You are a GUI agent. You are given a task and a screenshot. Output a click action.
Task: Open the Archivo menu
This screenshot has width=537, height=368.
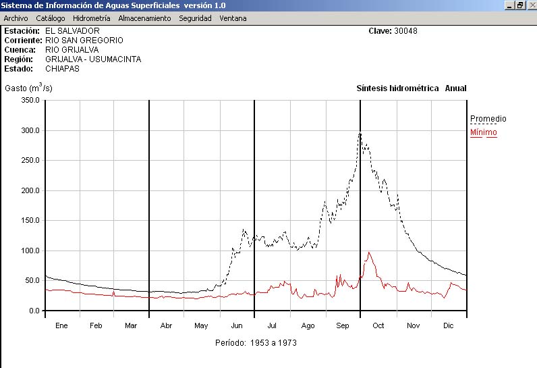click(16, 18)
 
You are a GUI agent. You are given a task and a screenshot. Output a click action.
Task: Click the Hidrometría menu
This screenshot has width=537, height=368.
click(91, 18)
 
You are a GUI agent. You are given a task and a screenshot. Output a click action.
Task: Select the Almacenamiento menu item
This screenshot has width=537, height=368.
click(144, 18)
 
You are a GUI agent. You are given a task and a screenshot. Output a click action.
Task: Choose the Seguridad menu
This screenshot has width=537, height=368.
click(195, 18)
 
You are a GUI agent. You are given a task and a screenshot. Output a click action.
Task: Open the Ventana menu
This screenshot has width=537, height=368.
click(233, 18)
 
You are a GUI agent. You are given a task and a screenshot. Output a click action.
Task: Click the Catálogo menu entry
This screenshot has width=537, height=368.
click(51, 18)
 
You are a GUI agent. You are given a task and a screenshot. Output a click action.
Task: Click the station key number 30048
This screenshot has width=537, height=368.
click(407, 31)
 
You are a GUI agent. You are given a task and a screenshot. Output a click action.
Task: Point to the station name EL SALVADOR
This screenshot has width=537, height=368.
click(72, 31)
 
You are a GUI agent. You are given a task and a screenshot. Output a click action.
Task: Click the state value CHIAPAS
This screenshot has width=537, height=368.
click(62, 69)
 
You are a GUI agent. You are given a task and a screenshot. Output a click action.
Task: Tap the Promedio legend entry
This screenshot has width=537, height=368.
click(488, 119)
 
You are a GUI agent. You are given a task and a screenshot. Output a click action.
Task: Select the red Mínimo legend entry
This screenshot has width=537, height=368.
click(483, 132)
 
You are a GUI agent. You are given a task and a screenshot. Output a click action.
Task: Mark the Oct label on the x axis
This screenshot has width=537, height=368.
click(378, 325)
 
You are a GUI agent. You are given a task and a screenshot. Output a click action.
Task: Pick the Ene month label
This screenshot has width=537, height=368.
click(61, 325)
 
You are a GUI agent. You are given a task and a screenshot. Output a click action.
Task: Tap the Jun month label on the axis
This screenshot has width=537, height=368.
click(237, 325)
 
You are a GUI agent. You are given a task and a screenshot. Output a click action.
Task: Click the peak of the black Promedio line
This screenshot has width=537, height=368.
click(360, 133)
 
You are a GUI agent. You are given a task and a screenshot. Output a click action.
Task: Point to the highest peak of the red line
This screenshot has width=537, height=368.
click(369, 253)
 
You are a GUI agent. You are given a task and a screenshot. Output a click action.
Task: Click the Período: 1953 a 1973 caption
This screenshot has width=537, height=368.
click(256, 342)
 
